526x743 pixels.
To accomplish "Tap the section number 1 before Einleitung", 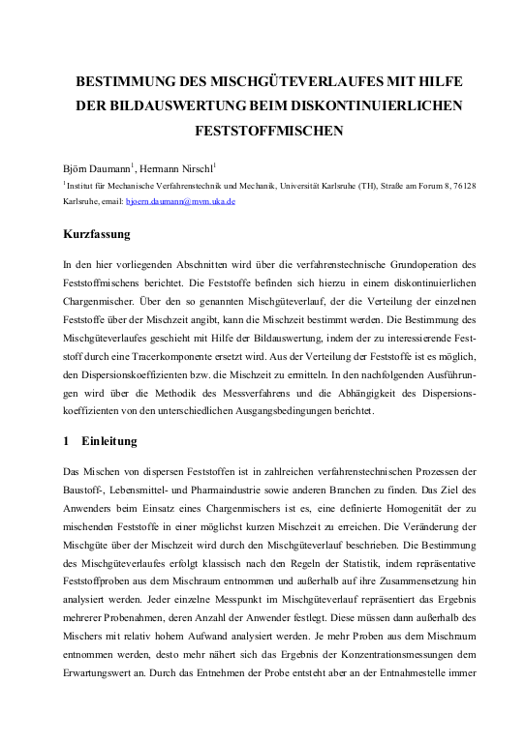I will [66, 441].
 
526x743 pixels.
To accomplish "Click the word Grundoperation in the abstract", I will [398, 264].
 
